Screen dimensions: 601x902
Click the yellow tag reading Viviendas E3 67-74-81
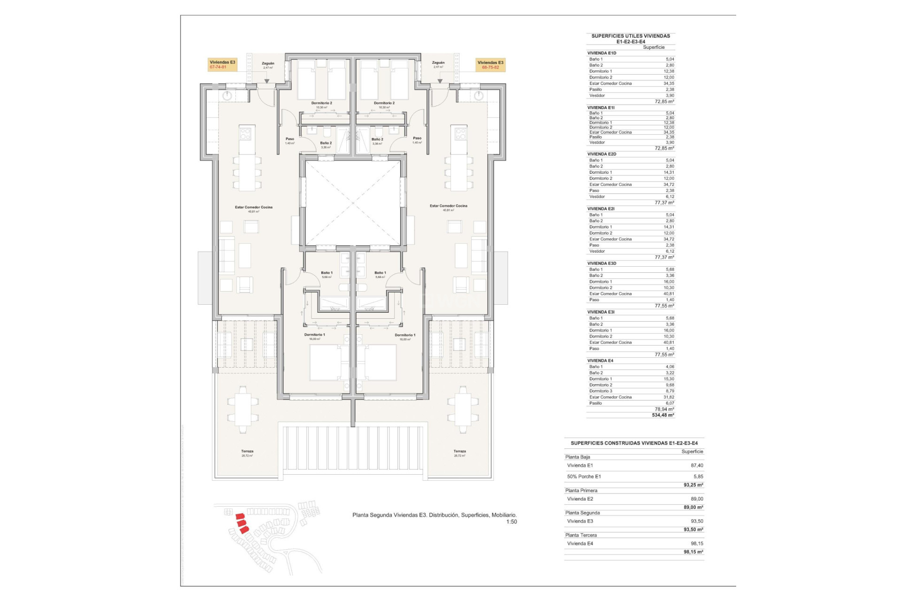click(x=222, y=65)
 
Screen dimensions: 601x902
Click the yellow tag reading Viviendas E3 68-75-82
click(x=490, y=65)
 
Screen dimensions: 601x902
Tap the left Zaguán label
click(x=268, y=63)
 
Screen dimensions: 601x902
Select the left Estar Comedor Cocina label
click(x=254, y=207)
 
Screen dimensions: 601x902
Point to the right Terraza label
click(x=459, y=451)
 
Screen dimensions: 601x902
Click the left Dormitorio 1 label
click(x=314, y=335)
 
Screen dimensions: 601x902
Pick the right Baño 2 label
click(x=377, y=139)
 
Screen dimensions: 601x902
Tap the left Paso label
click(x=290, y=139)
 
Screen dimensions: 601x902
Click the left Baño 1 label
click(x=327, y=273)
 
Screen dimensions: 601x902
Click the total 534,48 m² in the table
click(x=663, y=415)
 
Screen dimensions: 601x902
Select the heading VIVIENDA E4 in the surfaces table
click(x=600, y=361)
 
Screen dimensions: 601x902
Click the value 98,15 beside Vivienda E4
click(x=697, y=543)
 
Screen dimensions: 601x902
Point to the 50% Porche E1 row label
click(x=584, y=477)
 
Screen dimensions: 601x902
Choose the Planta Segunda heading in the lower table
click(x=583, y=513)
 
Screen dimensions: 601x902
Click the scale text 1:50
click(x=511, y=522)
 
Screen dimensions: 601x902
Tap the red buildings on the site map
click(x=242, y=523)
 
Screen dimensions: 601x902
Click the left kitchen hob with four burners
click(x=246, y=134)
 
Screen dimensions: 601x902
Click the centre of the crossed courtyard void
click(x=353, y=203)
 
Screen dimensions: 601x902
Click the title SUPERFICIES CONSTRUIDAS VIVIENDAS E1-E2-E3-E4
click(x=634, y=443)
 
